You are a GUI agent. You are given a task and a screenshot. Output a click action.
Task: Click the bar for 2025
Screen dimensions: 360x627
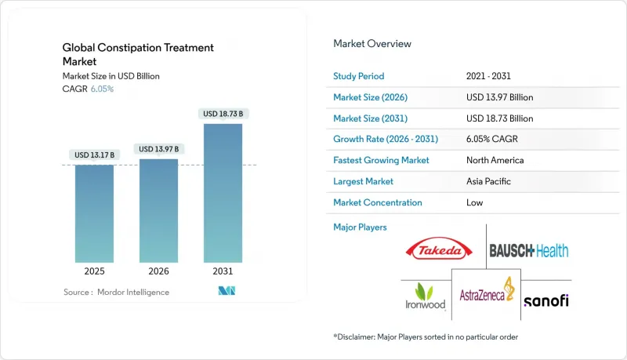[x=94, y=213]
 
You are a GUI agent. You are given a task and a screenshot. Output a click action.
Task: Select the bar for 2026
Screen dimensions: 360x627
[x=158, y=210]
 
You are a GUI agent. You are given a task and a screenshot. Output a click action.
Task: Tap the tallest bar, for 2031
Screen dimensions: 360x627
[x=223, y=192]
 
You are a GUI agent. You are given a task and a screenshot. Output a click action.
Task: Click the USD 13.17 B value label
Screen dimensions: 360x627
[x=94, y=154]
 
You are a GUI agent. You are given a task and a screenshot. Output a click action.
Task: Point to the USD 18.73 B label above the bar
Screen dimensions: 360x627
[x=223, y=114]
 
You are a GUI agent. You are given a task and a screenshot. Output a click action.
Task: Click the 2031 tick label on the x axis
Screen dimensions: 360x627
[x=223, y=272]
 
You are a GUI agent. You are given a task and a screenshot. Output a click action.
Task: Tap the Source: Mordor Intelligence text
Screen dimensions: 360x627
[x=117, y=292]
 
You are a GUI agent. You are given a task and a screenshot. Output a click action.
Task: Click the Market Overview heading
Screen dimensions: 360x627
[x=372, y=44]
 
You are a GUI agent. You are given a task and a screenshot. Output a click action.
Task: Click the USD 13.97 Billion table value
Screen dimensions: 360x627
[x=499, y=97]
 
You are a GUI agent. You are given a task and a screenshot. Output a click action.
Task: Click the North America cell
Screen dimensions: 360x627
[x=495, y=160]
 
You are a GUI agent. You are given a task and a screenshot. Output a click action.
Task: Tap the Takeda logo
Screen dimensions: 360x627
[x=439, y=251]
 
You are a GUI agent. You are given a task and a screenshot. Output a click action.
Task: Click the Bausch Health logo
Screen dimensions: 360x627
[x=529, y=251]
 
